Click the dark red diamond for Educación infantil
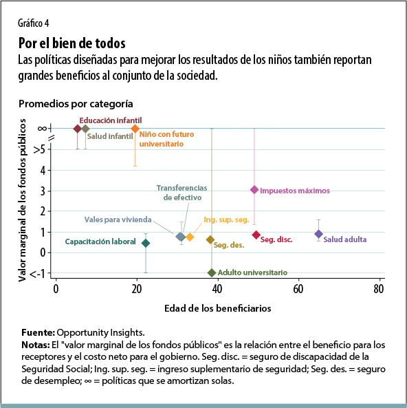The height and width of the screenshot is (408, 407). [x=78, y=129]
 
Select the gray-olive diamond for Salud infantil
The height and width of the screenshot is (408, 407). [x=85, y=129]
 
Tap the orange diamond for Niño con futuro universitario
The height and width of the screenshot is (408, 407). [x=135, y=129]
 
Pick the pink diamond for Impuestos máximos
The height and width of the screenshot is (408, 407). [x=254, y=190]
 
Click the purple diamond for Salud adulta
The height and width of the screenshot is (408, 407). [x=318, y=234]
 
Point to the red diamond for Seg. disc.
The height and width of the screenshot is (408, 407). [x=256, y=235]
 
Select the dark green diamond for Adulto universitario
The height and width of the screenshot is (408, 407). [x=212, y=273]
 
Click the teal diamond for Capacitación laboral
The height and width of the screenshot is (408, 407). [x=145, y=243]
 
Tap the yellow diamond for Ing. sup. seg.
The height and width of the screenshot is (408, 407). [x=190, y=237]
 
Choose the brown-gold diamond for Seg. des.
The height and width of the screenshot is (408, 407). [x=210, y=239]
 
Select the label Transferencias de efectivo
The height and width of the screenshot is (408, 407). [x=181, y=193]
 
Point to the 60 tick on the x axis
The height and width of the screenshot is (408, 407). [x=298, y=290]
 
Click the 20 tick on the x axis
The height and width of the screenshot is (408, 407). [x=136, y=290]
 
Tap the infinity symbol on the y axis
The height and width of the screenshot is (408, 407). [x=41, y=129]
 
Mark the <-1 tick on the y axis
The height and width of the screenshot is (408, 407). [x=39, y=274]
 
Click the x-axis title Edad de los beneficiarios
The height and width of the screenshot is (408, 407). [x=218, y=308]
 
